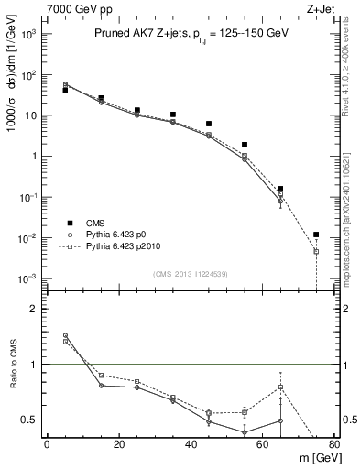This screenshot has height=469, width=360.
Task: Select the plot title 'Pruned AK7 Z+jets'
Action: click(x=135, y=32)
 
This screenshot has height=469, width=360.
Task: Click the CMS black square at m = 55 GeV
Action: click(x=245, y=145)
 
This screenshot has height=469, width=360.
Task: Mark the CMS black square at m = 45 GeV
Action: click(x=209, y=124)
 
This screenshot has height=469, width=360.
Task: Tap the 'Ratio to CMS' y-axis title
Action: click(x=12, y=365)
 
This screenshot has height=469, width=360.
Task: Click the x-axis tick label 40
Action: click(x=191, y=444)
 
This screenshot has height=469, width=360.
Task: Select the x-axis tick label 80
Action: click(x=333, y=444)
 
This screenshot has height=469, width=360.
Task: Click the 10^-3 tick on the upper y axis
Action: click(x=28, y=278)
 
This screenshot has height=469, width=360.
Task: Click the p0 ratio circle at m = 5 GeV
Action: click(x=65, y=335)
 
